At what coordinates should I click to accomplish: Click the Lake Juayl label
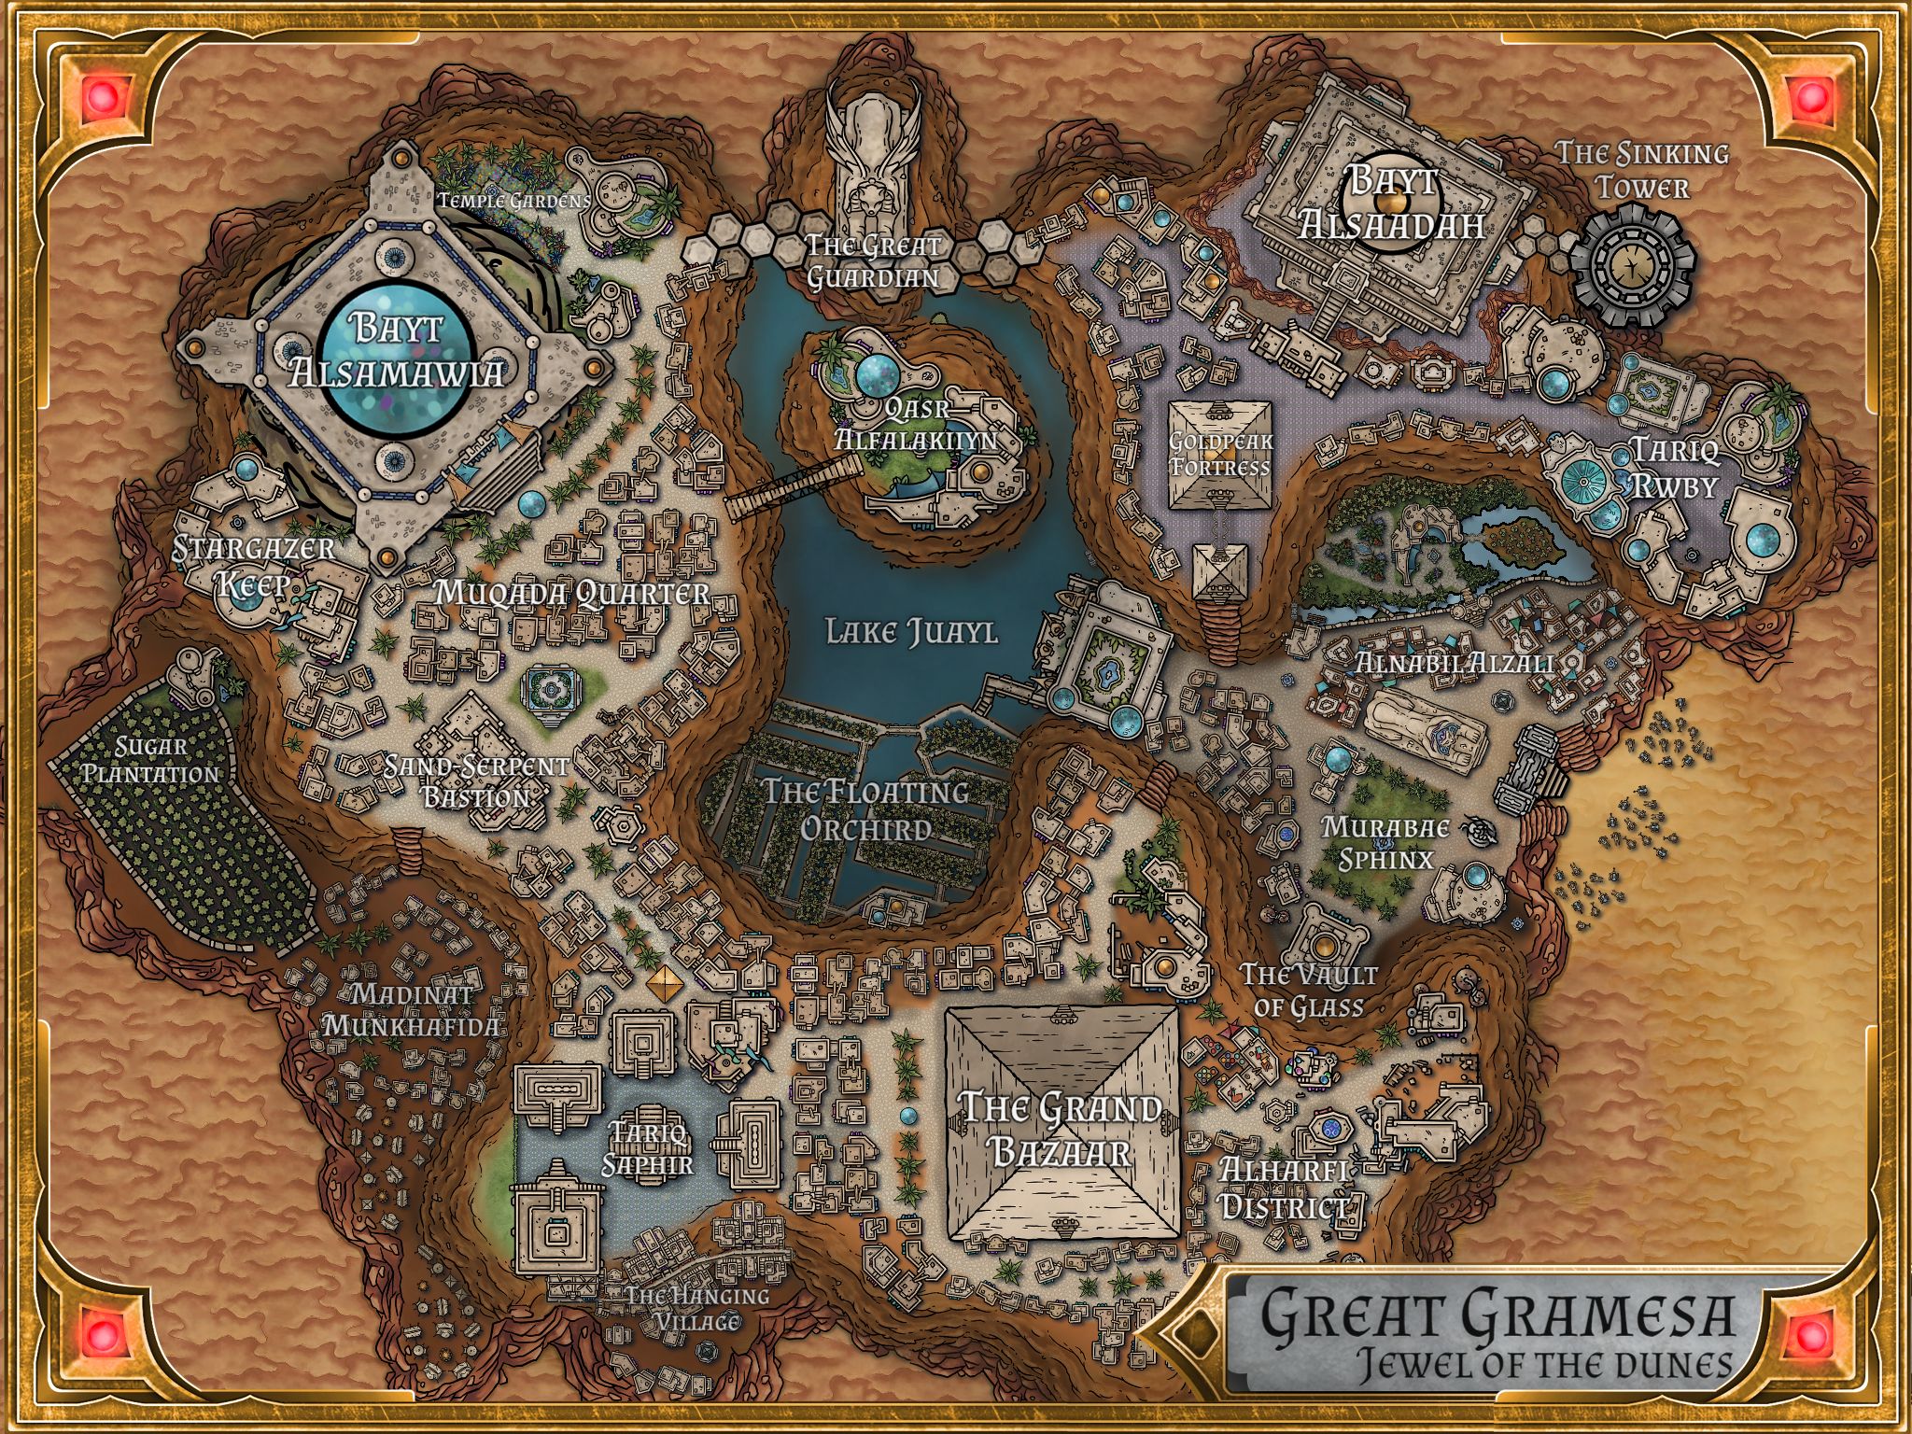pyautogui.click(x=911, y=632)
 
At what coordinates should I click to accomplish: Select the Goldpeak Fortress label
pyautogui.click(x=1221, y=454)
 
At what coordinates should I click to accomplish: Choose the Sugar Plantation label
pyautogui.click(x=150, y=760)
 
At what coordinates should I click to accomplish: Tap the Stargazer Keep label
pyautogui.click(x=253, y=566)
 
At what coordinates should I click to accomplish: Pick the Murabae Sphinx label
pyautogui.click(x=1385, y=843)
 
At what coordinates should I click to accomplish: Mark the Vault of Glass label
pyautogui.click(x=1309, y=990)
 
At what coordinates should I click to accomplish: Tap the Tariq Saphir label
pyautogui.click(x=648, y=1148)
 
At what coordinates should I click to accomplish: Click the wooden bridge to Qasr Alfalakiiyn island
pyautogui.click(x=794, y=488)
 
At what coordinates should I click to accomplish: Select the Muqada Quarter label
pyautogui.click(x=572, y=594)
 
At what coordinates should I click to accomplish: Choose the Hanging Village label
pyautogui.click(x=696, y=1308)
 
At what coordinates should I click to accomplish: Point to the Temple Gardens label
pyautogui.click(x=513, y=200)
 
